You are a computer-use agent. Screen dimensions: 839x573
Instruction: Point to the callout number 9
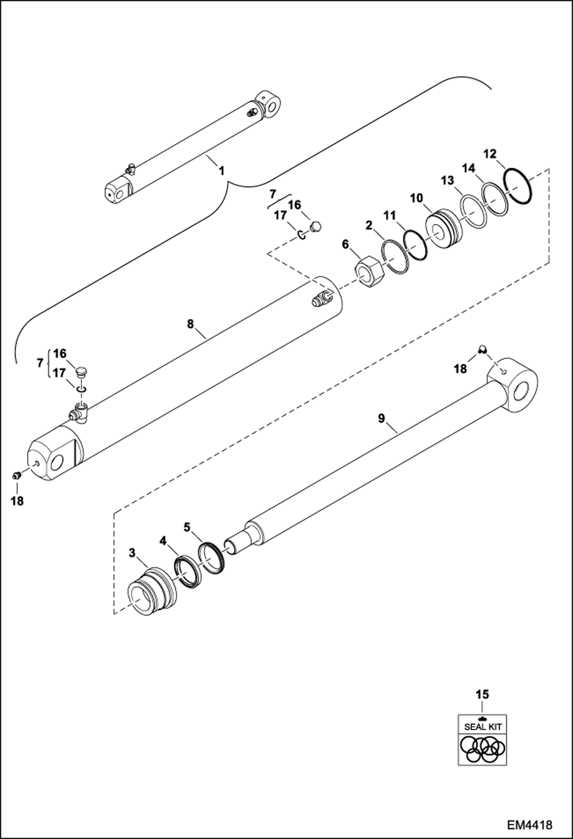381,418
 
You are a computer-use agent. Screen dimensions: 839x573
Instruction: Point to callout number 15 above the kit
483,694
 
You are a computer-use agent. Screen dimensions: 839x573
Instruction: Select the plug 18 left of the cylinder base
16,476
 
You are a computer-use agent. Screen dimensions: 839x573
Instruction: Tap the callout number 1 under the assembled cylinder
221,171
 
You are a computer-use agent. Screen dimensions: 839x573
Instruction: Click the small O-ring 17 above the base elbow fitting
81,389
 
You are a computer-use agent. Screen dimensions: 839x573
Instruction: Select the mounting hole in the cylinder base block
56,464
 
